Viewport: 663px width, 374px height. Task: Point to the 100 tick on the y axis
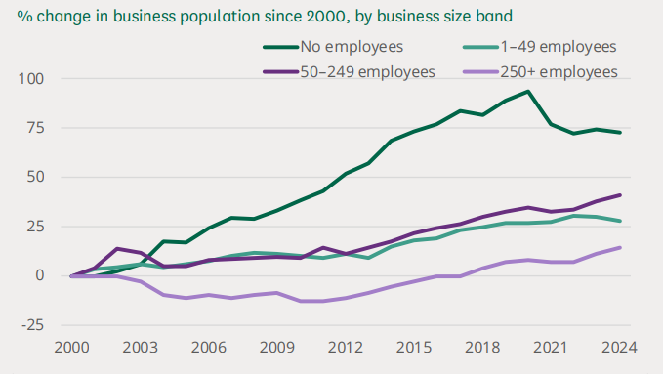point(45,78)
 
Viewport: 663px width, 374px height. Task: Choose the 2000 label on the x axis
point(72,349)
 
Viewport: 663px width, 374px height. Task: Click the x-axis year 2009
point(277,349)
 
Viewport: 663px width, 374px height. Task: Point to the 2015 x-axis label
point(414,349)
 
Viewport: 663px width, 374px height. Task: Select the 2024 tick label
point(619,349)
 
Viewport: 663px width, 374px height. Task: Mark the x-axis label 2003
point(141,349)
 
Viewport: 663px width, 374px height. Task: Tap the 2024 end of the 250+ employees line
point(619,247)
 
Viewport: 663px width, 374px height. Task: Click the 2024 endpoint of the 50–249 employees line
point(619,195)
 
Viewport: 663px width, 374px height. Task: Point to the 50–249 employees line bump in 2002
point(118,249)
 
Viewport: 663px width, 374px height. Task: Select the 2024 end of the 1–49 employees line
point(619,221)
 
